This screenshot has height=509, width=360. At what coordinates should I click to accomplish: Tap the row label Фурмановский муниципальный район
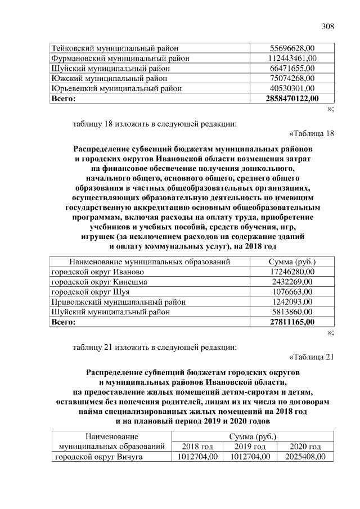120,58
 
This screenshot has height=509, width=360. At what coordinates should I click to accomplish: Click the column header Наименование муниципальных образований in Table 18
150,262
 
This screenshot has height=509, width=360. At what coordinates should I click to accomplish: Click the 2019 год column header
249,447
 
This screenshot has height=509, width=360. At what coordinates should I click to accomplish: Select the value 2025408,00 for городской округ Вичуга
305,457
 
